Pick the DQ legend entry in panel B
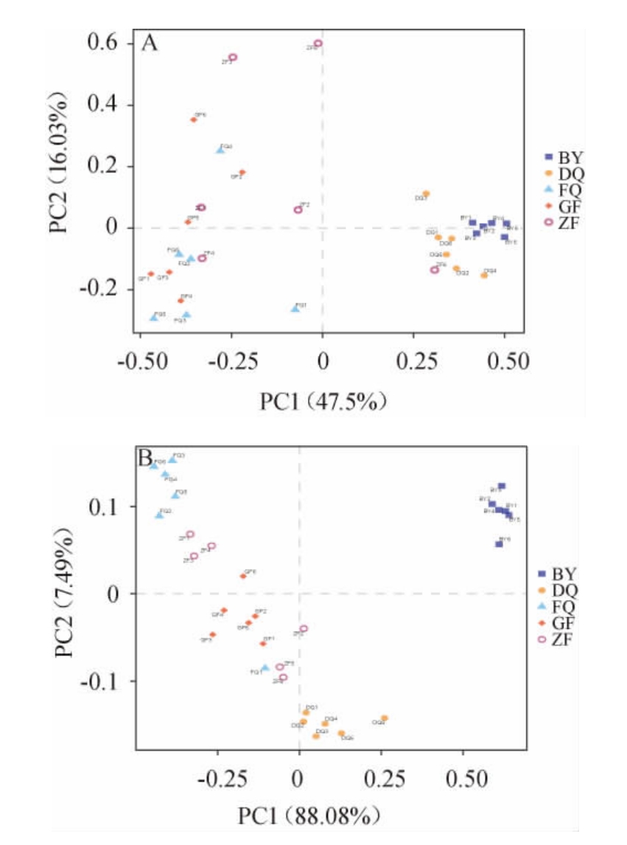(559, 591)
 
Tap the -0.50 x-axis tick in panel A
(140, 362)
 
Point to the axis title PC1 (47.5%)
(322, 402)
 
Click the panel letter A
(150, 44)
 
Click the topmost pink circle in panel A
(318, 44)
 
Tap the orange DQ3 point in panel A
(426, 194)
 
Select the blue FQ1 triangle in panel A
(295, 308)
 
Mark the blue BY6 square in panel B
(499, 543)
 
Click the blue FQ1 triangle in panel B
(265, 668)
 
